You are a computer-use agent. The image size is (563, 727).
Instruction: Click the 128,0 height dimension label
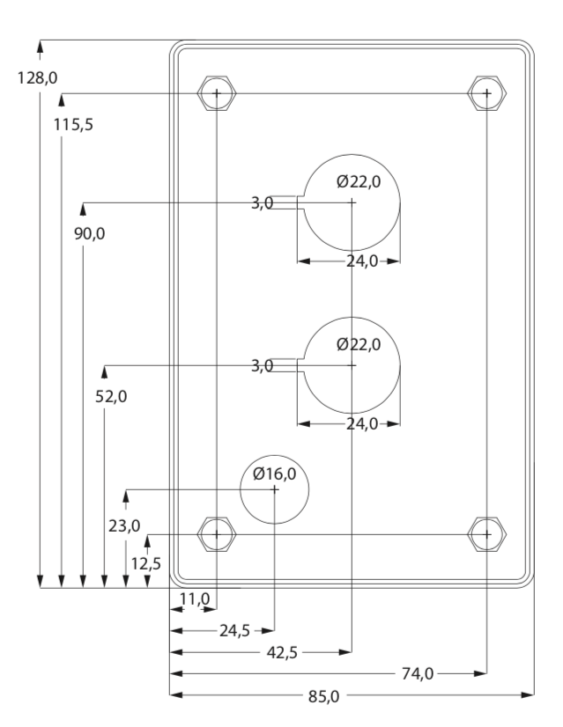pos(38,77)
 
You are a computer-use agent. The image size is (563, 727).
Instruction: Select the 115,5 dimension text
pos(73,125)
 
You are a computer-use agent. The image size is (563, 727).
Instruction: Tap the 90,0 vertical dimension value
pos(90,234)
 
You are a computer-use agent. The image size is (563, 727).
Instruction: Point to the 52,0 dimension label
pos(111,397)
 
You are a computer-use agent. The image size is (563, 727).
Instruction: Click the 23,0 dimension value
pos(124,526)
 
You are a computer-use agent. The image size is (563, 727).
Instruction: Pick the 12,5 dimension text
pos(145,564)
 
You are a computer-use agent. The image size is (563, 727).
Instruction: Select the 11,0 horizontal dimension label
pos(195,599)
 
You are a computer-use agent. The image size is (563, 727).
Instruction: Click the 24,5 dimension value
pos(235,631)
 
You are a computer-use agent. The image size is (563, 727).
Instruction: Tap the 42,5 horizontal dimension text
pos(282,653)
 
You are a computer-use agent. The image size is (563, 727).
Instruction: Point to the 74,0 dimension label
pos(418,674)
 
